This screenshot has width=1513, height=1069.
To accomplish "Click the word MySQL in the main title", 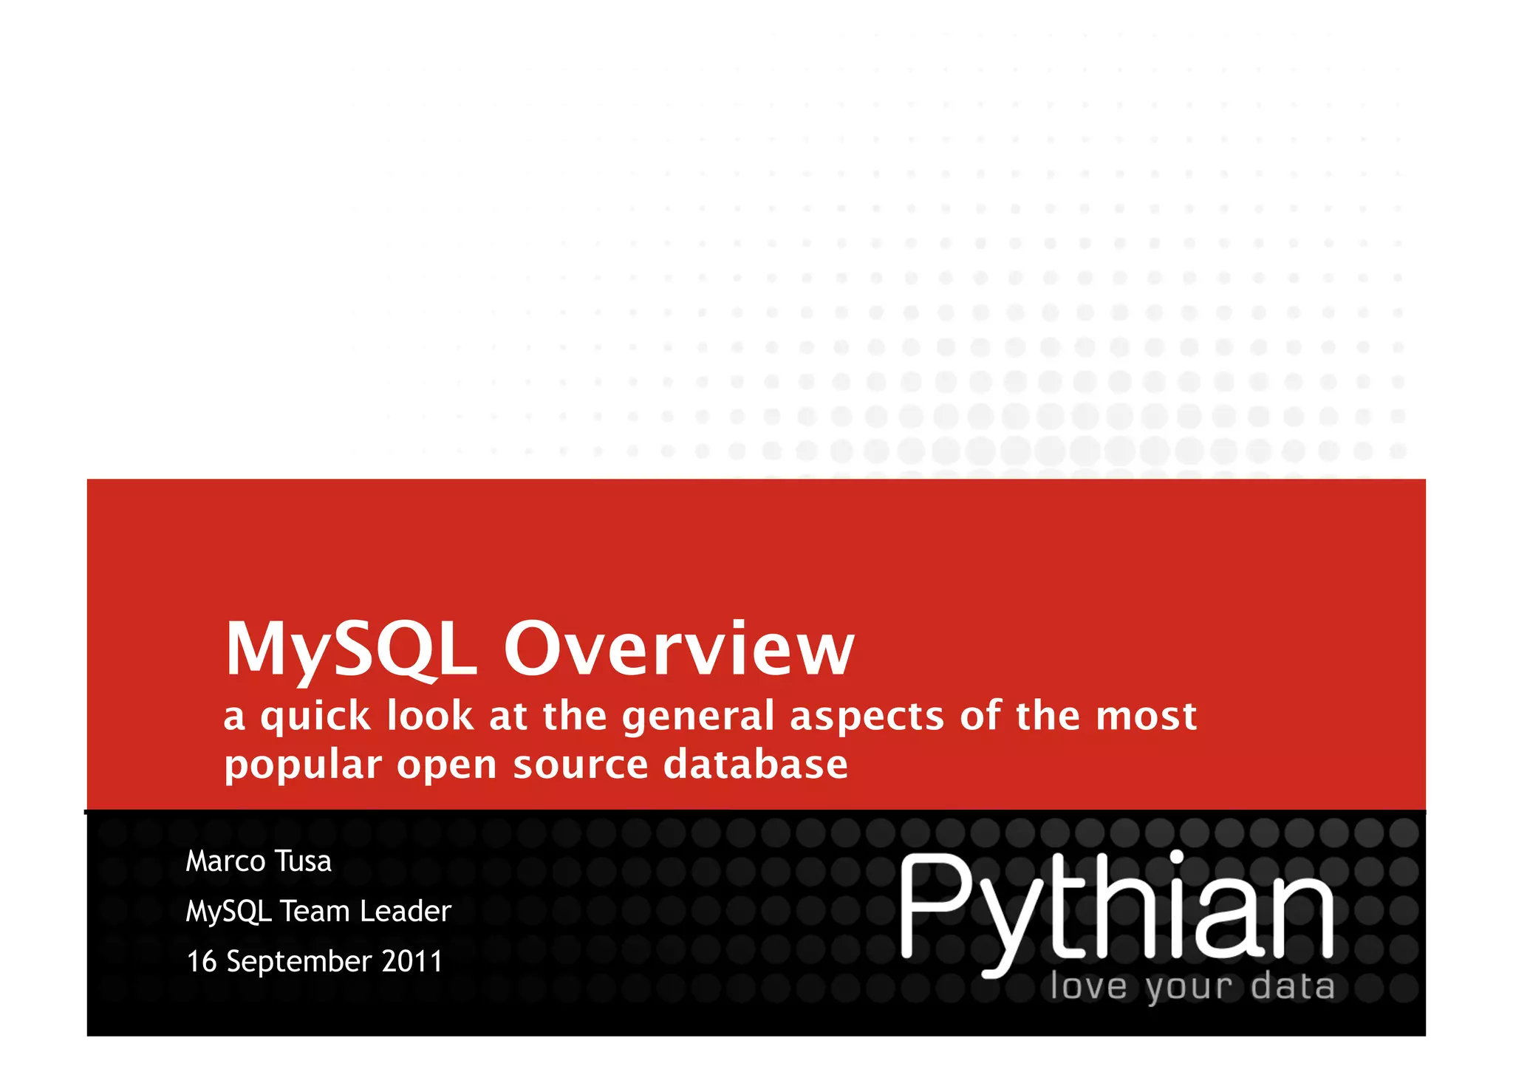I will point(350,649).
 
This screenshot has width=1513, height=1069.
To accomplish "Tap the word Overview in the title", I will point(678,649).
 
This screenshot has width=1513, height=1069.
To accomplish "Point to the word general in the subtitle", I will point(698,717).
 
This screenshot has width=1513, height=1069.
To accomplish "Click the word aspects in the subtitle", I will point(867,717).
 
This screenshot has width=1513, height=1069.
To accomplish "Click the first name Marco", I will point(225,861).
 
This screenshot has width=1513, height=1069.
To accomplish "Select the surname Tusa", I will point(303,861).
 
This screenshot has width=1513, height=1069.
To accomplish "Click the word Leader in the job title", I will point(405,912).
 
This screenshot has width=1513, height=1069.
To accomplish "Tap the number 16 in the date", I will point(201,962).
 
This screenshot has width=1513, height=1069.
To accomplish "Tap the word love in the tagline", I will point(1088,987).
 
